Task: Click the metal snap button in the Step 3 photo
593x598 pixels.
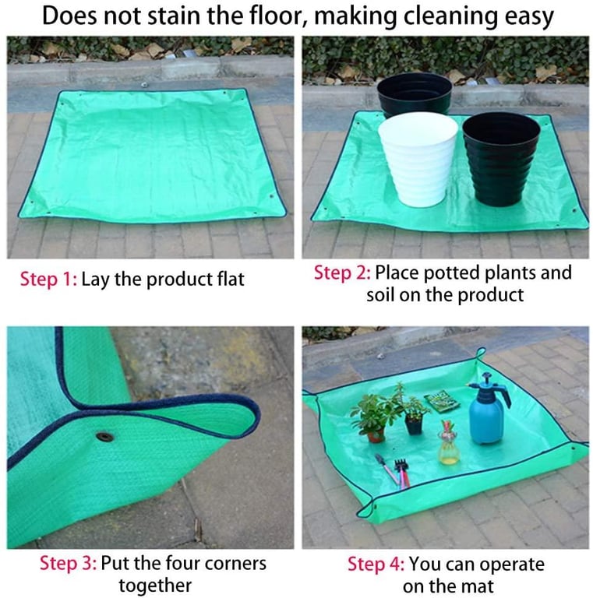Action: point(104,437)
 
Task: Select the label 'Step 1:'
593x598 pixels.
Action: point(48,279)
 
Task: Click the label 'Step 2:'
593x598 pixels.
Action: point(342,273)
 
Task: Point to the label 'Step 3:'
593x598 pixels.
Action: point(69,563)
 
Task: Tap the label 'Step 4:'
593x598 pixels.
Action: point(376,564)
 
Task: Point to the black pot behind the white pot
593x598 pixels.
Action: point(415,93)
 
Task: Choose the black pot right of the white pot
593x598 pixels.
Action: point(501,159)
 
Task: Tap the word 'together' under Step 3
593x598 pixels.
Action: point(155,586)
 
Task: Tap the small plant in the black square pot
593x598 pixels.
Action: point(414,412)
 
